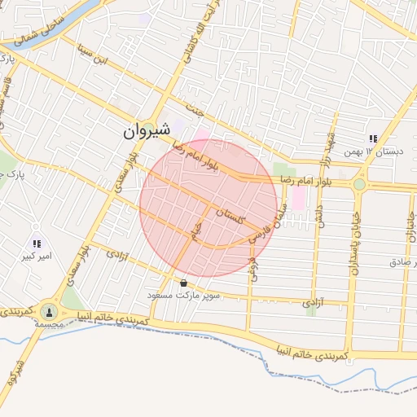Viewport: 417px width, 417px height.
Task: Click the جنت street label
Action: (192, 107)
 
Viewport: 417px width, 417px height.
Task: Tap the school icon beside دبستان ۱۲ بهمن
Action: (373, 138)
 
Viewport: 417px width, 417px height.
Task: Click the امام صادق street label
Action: (402, 262)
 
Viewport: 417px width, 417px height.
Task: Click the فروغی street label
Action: (252, 270)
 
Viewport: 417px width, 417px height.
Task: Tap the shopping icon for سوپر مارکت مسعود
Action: (183, 283)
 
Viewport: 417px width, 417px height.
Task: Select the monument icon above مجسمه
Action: (50, 312)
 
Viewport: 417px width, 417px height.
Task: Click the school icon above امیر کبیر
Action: (37, 244)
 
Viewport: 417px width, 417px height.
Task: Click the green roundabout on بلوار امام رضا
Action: (359, 184)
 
